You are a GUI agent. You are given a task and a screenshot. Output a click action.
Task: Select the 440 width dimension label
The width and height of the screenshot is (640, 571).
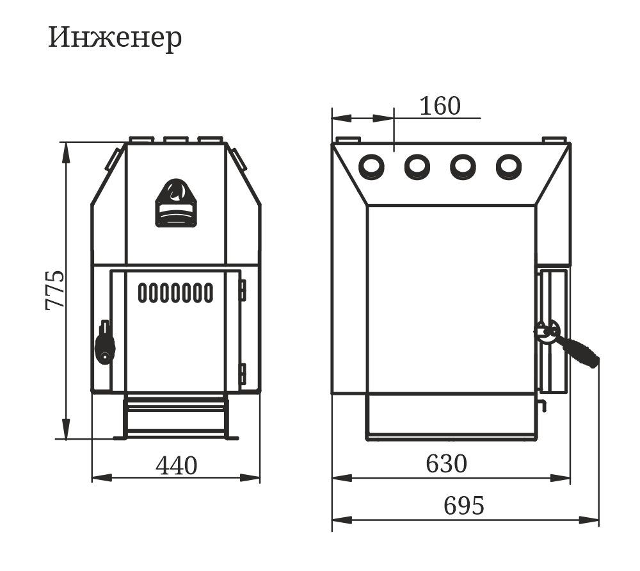pos(177,465)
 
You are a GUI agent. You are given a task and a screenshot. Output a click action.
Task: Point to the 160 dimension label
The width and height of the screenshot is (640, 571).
pos(440,106)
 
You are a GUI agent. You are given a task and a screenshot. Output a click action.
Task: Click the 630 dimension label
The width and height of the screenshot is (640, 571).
pos(446,463)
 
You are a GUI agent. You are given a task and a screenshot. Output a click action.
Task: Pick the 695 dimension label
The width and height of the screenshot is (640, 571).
pos(463,506)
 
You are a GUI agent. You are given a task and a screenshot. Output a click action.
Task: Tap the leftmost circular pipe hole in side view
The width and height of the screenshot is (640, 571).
pos(371,167)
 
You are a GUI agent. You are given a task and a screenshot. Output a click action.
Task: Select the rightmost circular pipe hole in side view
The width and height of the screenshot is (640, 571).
pos(509,167)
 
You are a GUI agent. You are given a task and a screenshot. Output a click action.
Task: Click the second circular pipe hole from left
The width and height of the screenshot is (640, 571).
pos(417,167)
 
